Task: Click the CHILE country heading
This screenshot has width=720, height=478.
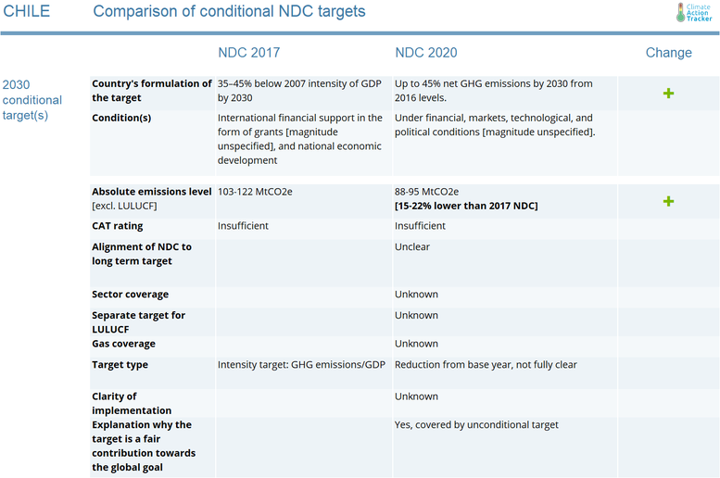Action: click(26, 12)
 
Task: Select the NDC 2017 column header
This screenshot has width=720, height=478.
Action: click(248, 53)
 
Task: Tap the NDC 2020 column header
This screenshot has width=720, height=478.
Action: click(425, 53)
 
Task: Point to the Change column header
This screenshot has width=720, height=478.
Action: click(668, 53)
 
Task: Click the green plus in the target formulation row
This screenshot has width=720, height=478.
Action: click(668, 94)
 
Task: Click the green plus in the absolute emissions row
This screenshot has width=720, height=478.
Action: click(668, 201)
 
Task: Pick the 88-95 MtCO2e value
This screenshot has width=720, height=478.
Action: click(426, 192)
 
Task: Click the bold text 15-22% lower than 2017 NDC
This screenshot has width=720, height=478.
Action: click(466, 206)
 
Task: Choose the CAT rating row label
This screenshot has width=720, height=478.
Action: click(118, 226)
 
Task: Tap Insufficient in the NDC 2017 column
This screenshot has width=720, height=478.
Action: click(243, 226)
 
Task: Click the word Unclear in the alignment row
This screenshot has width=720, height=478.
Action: click(412, 247)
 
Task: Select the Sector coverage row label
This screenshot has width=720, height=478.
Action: click(131, 295)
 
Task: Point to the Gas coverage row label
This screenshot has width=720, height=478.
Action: click(124, 344)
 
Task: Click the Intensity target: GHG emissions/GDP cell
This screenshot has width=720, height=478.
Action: click(301, 365)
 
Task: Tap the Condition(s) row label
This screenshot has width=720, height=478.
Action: click(121, 118)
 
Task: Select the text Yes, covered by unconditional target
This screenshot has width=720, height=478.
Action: click(476, 425)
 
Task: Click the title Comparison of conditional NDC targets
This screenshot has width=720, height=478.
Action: click(229, 12)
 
